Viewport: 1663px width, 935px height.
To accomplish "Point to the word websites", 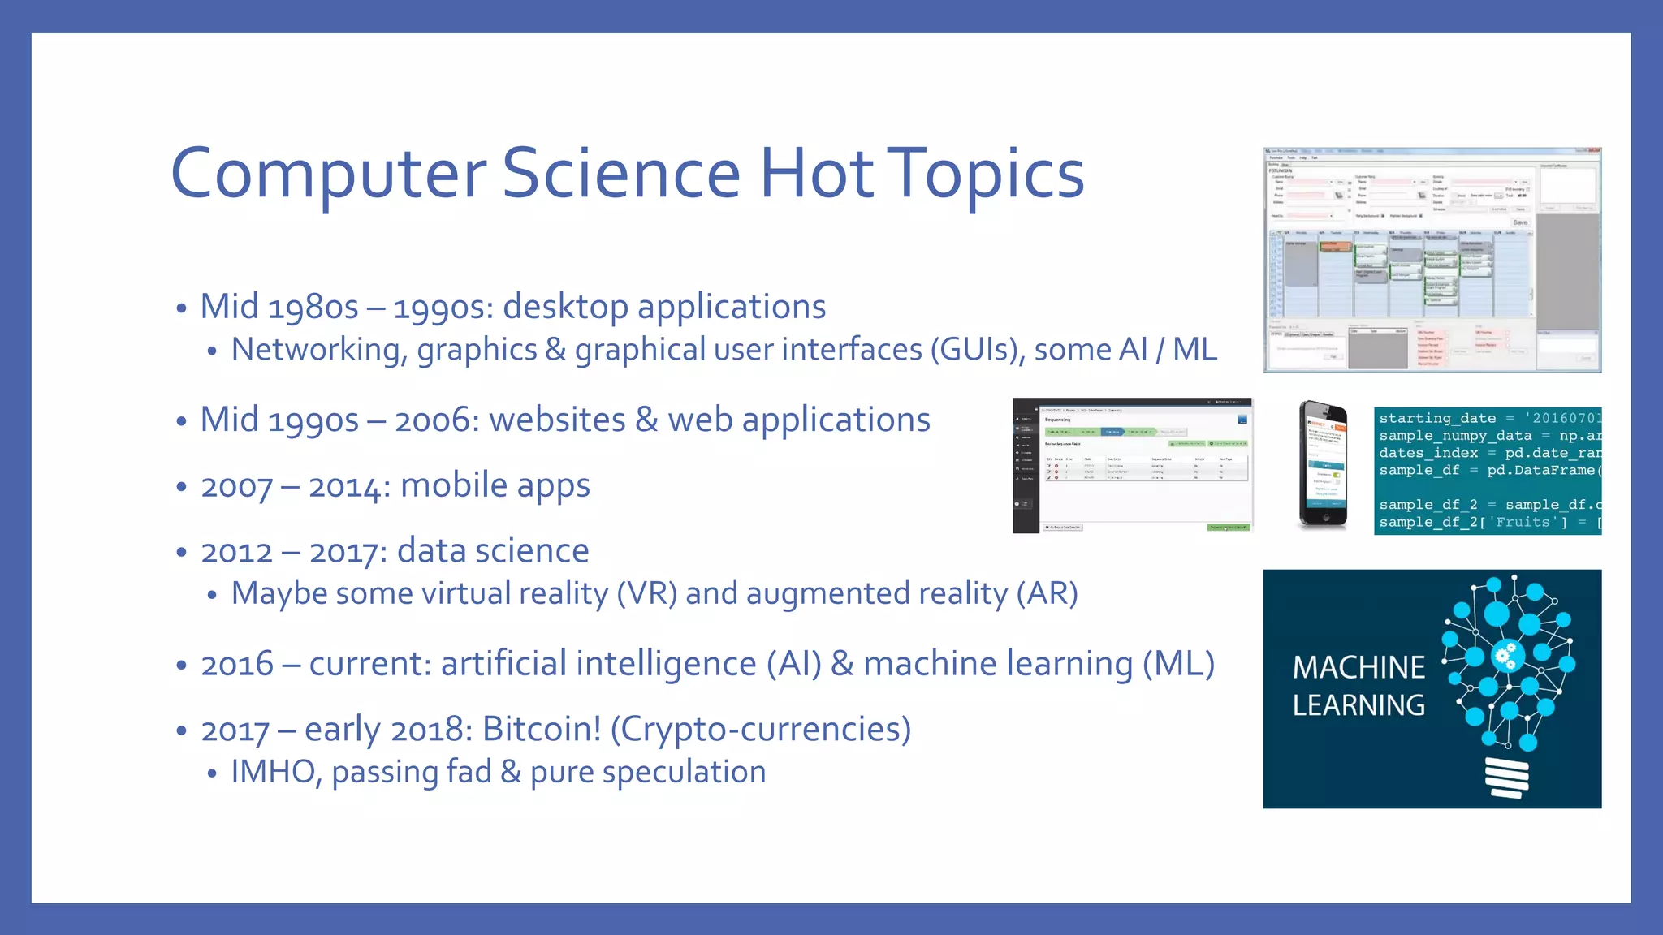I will [557, 420].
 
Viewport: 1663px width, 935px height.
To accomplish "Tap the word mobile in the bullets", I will [454, 485].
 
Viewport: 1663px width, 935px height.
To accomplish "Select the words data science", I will [492, 551].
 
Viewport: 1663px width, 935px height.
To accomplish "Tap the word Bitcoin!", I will [542, 729].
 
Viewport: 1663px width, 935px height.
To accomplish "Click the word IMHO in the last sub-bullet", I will [272, 772].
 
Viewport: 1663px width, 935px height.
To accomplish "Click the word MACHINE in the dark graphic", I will [1358, 668].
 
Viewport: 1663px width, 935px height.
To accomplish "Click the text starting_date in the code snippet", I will [1436, 418].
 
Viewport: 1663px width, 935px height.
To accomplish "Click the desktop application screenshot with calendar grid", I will [1432, 260].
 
